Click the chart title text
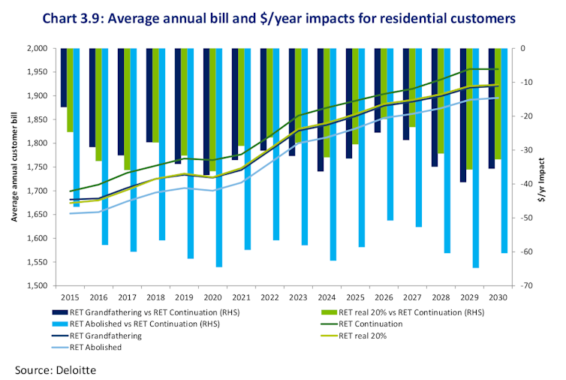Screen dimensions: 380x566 283,17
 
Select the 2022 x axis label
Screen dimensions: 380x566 266,297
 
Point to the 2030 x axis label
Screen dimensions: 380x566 495,297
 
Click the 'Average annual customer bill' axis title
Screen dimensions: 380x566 14,167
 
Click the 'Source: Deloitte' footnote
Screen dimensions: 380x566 55,369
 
